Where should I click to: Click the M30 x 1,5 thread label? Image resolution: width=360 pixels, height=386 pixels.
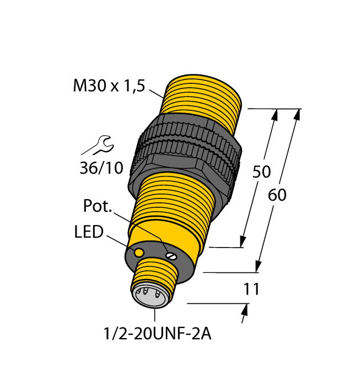tap(108, 87)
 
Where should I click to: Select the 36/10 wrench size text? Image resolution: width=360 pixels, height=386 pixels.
tap(101, 168)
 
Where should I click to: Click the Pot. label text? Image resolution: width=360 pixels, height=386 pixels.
tap(98, 207)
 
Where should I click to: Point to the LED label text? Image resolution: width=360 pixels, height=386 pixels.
tap(88, 232)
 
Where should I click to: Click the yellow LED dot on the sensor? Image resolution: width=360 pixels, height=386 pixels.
tap(139, 252)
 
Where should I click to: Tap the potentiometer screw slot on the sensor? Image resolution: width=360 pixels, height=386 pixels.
tap(171, 255)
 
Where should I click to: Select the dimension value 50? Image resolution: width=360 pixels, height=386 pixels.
tap(261, 172)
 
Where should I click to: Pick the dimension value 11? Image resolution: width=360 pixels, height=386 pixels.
tap(250, 289)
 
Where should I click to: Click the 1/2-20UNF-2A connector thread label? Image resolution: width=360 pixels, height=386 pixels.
tap(155, 334)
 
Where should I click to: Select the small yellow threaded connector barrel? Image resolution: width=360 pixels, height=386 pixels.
tap(158, 276)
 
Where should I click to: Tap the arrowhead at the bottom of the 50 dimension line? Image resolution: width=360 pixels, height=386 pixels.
tap(243, 241)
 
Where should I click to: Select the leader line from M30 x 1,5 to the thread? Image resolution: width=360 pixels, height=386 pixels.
tap(156, 93)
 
